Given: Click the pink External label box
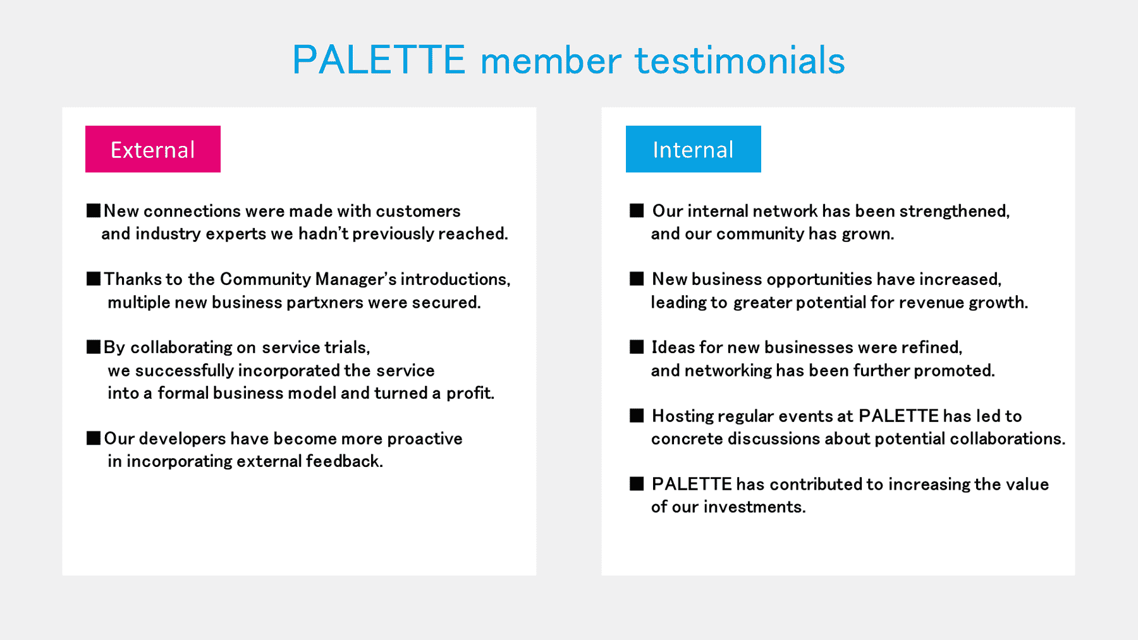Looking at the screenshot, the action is (153, 149).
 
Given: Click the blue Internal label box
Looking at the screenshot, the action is (694, 149).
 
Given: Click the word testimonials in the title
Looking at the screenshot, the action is (740, 61).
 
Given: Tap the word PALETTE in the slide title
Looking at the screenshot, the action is (379, 61).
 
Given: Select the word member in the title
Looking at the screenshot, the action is (551, 62).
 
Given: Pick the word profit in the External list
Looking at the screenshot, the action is (470, 393).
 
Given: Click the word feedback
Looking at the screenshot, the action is (345, 461).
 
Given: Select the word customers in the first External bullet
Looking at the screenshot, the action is (418, 211).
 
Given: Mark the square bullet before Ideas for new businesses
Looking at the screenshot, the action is (637, 347).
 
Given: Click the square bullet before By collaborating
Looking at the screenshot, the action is (94, 347).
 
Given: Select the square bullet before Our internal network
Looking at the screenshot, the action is (637, 210).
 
